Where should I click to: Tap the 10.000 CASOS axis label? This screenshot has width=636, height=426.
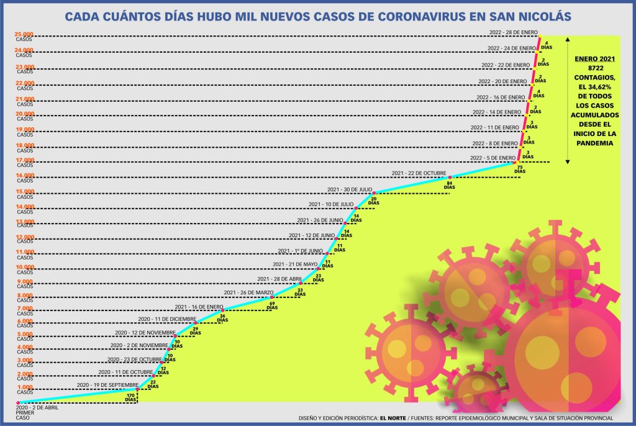click(25, 269)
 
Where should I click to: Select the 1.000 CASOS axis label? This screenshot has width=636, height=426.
click(25, 389)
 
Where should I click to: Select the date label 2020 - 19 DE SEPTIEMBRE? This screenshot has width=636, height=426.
click(107, 385)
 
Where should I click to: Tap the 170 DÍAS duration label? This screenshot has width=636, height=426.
click(131, 397)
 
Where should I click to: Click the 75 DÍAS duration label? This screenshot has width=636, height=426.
click(520, 169)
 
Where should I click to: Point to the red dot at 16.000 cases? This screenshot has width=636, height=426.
click(450, 178)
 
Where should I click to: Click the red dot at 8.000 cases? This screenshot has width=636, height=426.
click(272, 297)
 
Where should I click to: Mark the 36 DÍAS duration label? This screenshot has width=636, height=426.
click(223, 319)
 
